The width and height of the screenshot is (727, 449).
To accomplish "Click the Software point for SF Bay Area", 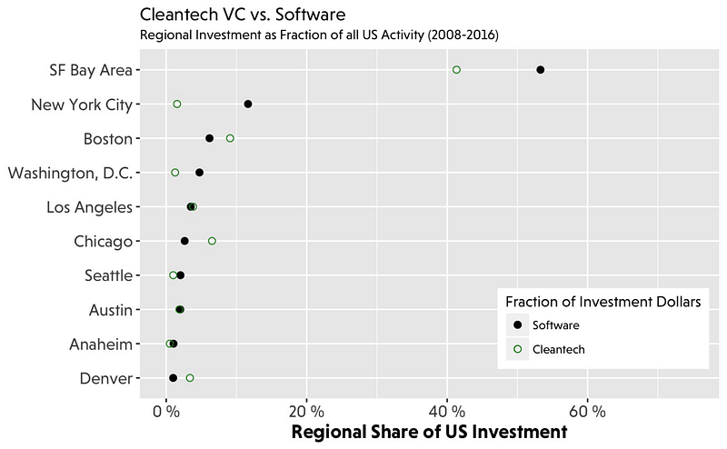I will pyautogui.click(x=541, y=70).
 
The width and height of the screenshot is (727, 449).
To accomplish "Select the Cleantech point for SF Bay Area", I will pyautogui.click(x=456, y=70).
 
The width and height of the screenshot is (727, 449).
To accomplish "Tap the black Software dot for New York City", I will pyautogui.click(x=248, y=105).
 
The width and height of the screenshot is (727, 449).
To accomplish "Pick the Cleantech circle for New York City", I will pyautogui.click(x=177, y=105).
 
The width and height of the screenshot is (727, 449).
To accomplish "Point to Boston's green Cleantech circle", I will pyautogui.click(x=230, y=138).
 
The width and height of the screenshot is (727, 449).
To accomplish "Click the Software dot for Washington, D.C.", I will pyautogui.click(x=199, y=173).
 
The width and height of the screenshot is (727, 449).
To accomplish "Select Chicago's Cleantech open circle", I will pyautogui.click(x=212, y=241).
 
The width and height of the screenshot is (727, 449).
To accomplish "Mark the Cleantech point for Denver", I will pyautogui.click(x=190, y=378).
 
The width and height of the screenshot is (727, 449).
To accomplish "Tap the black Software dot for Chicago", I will pyautogui.click(x=184, y=241).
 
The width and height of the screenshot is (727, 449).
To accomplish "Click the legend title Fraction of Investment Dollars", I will pyautogui.click(x=602, y=303).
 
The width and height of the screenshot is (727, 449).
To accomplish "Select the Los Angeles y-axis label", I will pyautogui.click(x=90, y=207).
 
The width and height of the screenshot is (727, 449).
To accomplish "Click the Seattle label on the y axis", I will pyautogui.click(x=107, y=275).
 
